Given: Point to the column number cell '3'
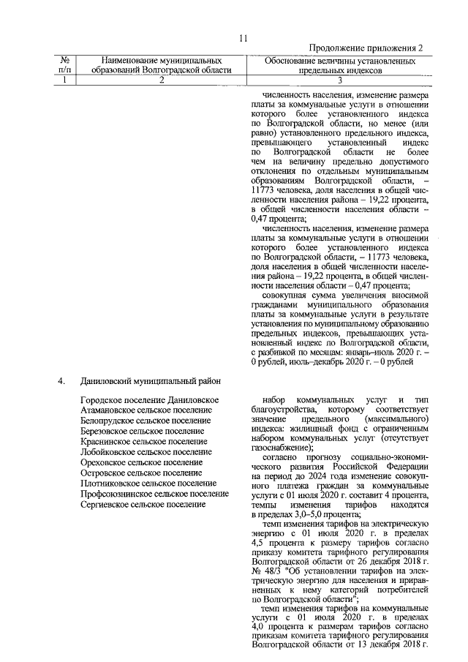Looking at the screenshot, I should click(x=339, y=81).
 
